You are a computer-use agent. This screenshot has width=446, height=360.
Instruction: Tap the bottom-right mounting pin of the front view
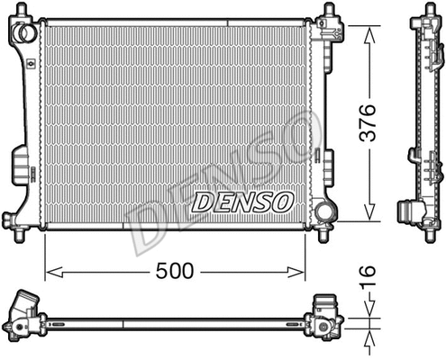click(322, 236)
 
